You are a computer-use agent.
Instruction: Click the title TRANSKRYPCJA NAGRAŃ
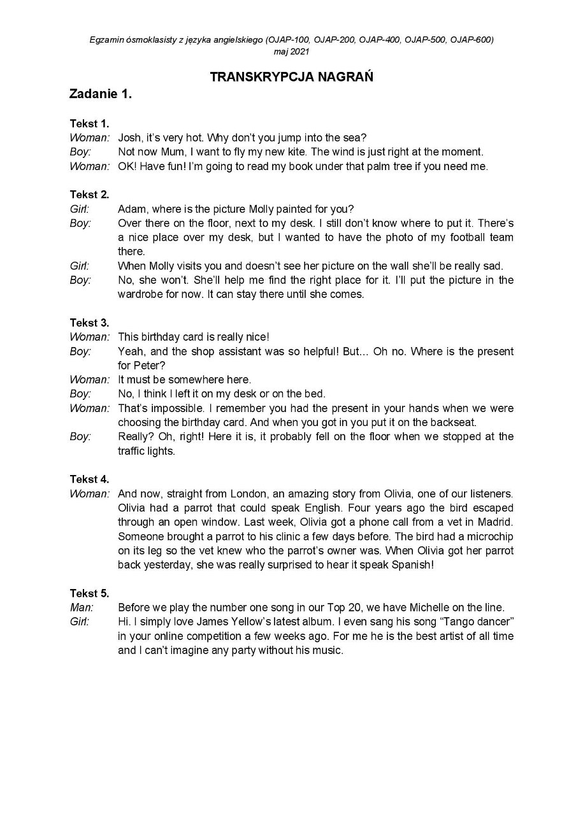point(291,77)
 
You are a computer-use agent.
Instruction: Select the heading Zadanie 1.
point(101,94)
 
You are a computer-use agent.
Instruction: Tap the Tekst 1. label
point(89,124)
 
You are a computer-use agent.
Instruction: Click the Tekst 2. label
point(89,195)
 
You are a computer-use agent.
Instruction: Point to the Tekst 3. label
point(89,323)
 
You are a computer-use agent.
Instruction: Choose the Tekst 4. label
point(89,479)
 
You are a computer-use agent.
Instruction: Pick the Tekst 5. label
point(89,593)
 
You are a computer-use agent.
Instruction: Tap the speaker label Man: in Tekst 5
point(82,607)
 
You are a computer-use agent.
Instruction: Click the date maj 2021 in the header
point(291,52)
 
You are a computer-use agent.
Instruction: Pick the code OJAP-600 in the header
point(471,39)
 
